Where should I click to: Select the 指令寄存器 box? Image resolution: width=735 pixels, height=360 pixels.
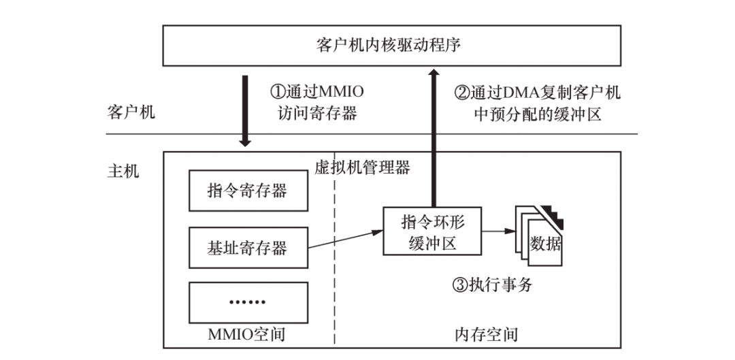(247, 190)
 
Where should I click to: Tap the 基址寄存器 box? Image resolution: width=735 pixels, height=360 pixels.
(247, 247)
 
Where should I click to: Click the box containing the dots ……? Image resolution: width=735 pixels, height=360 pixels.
(247, 302)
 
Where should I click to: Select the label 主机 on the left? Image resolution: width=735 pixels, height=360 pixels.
(123, 169)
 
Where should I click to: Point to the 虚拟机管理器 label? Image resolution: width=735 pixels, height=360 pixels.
(362, 167)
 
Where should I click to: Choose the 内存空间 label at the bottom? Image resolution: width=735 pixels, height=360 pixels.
(485, 334)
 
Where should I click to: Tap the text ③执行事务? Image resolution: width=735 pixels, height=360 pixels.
(491, 284)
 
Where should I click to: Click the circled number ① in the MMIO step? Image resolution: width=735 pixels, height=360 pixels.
(278, 92)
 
